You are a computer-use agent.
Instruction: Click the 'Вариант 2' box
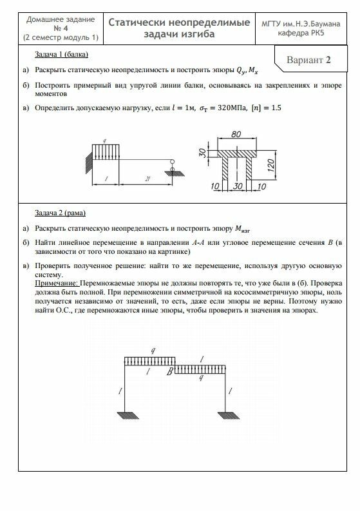click(x=311, y=59)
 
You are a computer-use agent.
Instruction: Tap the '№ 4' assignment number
click(x=61, y=28)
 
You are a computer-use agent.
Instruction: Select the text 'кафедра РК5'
click(x=301, y=33)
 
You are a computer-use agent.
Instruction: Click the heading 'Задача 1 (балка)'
click(x=62, y=54)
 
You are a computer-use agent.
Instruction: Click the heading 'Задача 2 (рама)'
click(x=61, y=213)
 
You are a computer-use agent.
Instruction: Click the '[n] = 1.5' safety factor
click(x=266, y=108)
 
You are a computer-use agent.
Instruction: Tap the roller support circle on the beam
click(x=172, y=161)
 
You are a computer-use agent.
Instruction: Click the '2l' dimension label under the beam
click(x=147, y=178)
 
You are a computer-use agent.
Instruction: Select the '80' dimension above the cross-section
click(x=236, y=134)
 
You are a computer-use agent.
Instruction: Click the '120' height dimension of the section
click(x=271, y=166)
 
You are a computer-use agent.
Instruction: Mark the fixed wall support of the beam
click(x=89, y=162)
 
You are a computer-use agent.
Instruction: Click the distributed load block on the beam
click(x=106, y=152)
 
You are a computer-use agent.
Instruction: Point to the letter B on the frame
click(x=170, y=371)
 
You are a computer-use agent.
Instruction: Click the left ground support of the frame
click(x=128, y=415)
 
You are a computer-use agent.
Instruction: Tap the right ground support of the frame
click(x=229, y=415)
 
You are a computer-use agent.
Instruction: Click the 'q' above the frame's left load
click(x=153, y=351)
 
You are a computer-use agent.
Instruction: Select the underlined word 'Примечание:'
click(x=57, y=283)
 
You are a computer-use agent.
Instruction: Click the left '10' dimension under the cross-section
click(x=215, y=186)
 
